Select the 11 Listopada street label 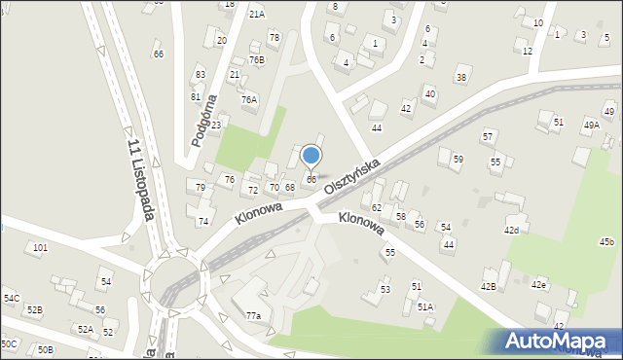141,178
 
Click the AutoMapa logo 560,341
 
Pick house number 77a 253,315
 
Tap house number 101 40,248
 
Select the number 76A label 249,99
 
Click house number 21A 256,15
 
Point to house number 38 462,78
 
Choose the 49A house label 591,125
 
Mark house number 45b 606,241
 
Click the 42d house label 511,231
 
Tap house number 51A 425,306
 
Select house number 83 201,75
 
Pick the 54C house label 11,298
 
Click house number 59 458,159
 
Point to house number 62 377,208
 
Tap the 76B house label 256,59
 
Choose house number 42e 538,285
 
